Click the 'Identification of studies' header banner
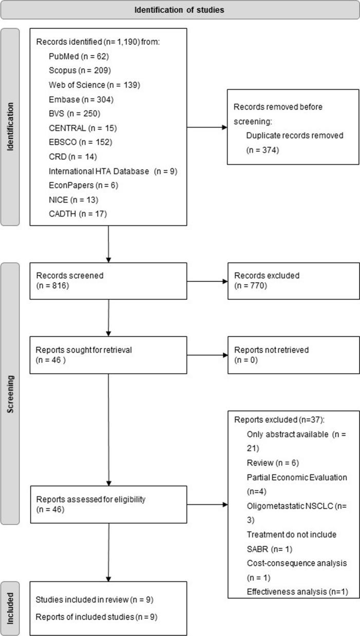180,10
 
